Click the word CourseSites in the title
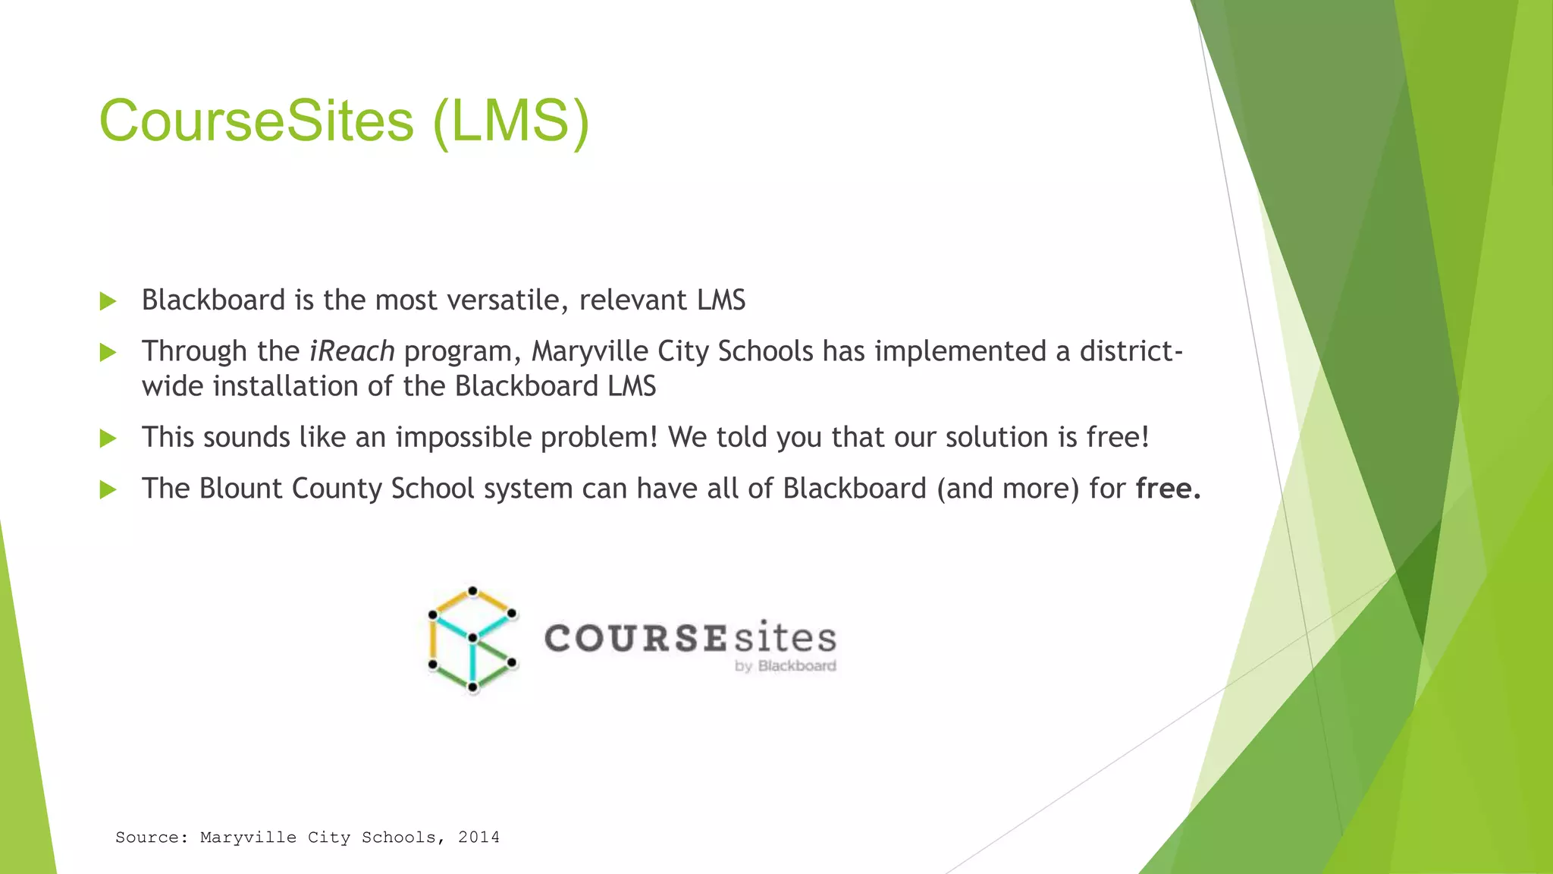(256, 121)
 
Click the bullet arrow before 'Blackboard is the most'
(108, 302)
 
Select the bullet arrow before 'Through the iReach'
(108, 353)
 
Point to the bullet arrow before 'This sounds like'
(108, 439)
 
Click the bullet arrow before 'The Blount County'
(108, 490)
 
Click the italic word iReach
(352, 351)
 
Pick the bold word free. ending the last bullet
(1168, 489)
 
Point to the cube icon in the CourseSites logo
(472, 640)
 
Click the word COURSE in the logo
(635, 638)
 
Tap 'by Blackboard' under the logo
(785, 666)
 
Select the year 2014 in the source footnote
(478, 838)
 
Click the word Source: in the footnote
(151, 838)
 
